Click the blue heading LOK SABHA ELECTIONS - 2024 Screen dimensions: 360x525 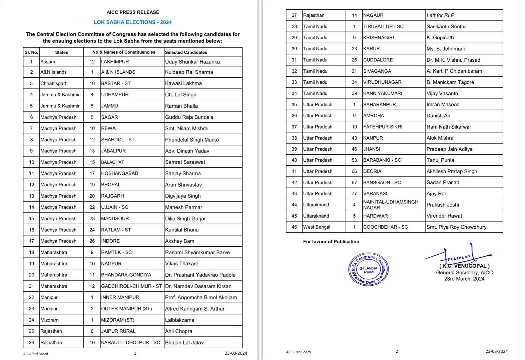(x=133, y=22)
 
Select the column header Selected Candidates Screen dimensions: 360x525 (x=186, y=52)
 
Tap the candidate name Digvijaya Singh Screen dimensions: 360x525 (x=183, y=196)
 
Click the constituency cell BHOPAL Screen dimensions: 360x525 (x=111, y=185)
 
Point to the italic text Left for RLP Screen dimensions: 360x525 (x=440, y=15)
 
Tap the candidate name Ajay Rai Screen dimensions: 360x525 (x=436, y=194)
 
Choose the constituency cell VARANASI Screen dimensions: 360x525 (x=375, y=194)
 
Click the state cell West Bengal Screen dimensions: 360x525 (x=317, y=227)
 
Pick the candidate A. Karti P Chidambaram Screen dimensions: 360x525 (x=454, y=71)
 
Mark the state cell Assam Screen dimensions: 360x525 (x=48, y=62)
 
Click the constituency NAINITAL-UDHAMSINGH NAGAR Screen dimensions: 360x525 (x=390, y=205)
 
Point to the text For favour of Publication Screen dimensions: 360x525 (x=332, y=242)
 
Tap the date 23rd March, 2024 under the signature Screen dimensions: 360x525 (x=464, y=279)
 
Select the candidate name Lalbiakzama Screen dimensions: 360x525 (x=179, y=320)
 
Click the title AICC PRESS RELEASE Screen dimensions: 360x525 (x=133, y=12)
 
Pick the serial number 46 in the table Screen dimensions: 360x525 (x=294, y=227)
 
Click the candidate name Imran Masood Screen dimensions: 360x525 (x=443, y=105)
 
